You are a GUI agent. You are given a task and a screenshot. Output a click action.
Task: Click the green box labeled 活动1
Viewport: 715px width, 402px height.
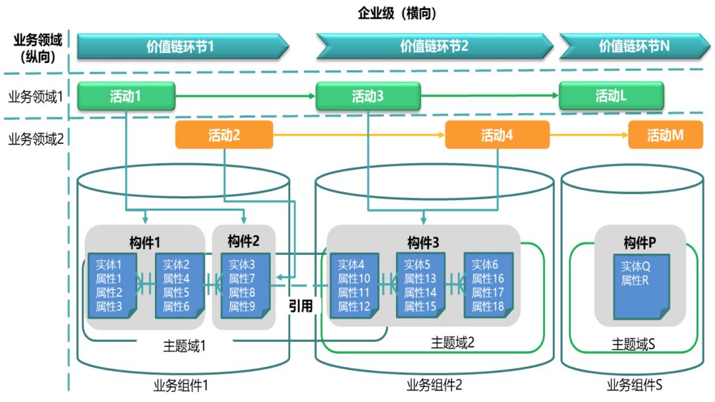tap(126, 96)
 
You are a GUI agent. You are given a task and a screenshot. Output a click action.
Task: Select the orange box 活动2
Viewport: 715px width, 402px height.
tap(224, 135)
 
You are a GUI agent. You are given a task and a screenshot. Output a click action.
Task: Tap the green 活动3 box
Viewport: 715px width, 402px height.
tap(367, 97)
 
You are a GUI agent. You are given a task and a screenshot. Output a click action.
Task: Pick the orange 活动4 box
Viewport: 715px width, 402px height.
tap(497, 135)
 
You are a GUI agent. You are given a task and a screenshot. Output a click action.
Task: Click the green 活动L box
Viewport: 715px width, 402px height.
tap(611, 96)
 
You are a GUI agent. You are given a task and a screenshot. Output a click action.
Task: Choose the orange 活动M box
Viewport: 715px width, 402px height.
tap(665, 135)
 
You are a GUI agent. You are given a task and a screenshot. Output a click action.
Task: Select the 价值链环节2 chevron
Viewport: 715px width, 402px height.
tap(434, 46)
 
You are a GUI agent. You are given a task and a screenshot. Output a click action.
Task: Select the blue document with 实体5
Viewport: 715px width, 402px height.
tap(420, 285)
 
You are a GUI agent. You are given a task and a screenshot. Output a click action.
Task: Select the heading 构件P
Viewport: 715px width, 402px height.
tap(640, 242)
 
